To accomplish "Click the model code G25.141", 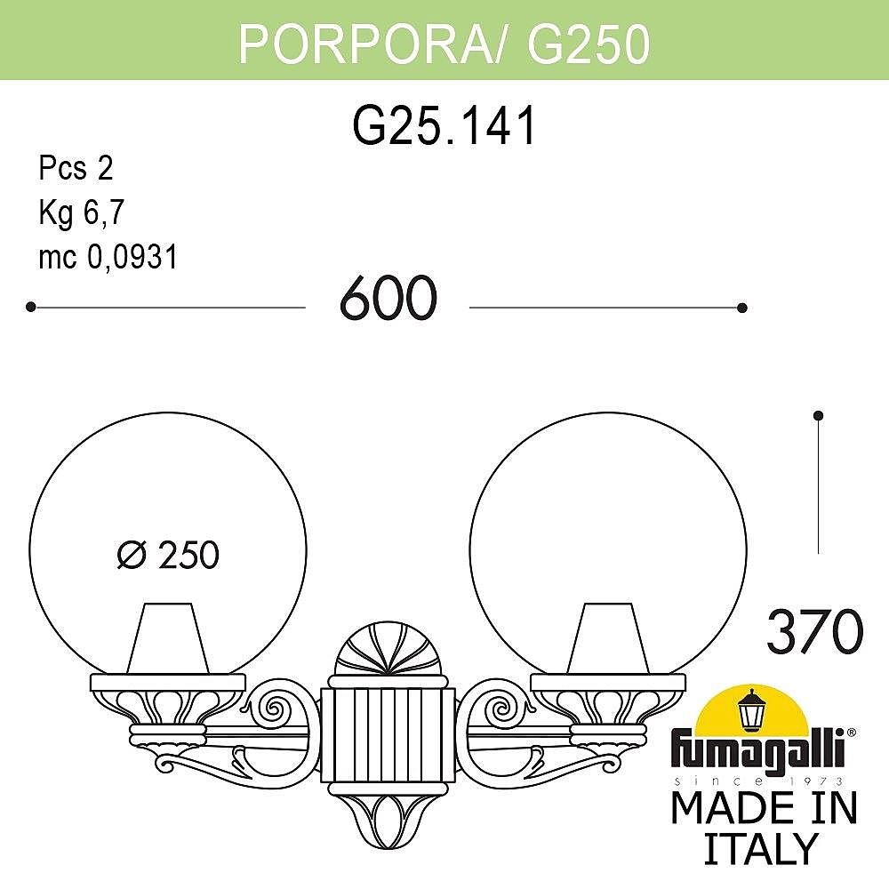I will (445, 125).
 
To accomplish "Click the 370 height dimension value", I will (814, 632).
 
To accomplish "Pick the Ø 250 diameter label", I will (168, 556).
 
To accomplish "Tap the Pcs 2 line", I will (76, 167).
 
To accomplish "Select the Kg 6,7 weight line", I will (83, 212).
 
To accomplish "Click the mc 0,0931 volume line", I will (108, 257).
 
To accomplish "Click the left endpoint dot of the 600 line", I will (31, 307).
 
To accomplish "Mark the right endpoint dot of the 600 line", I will (742, 308).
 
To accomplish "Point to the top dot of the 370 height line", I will (819, 415).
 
